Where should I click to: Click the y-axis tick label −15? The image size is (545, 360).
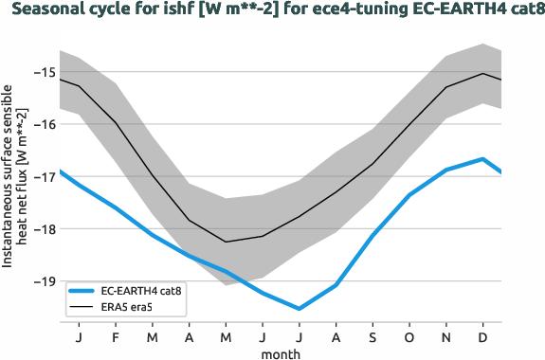pyautogui.click(x=43, y=72)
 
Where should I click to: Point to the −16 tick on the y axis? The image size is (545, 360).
pyautogui.click(x=43, y=124)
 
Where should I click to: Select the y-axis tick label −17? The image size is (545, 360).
pyautogui.click(x=43, y=176)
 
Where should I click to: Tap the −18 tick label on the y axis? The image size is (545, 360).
pyautogui.click(x=43, y=228)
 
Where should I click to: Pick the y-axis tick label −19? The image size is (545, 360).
pyautogui.click(x=43, y=281)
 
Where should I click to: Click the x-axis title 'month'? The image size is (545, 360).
pyautogui.click(x=281, y=352)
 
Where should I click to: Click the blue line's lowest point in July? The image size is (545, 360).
pyautogui.click(x=300, y=309)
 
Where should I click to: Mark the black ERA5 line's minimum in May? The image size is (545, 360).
pyautogui.click(x=226, y=242)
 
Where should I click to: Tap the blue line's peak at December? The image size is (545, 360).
pyautogui.click(x=483, y=159)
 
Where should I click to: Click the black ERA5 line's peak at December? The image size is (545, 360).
pyautogui.click(x=483, y=73)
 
